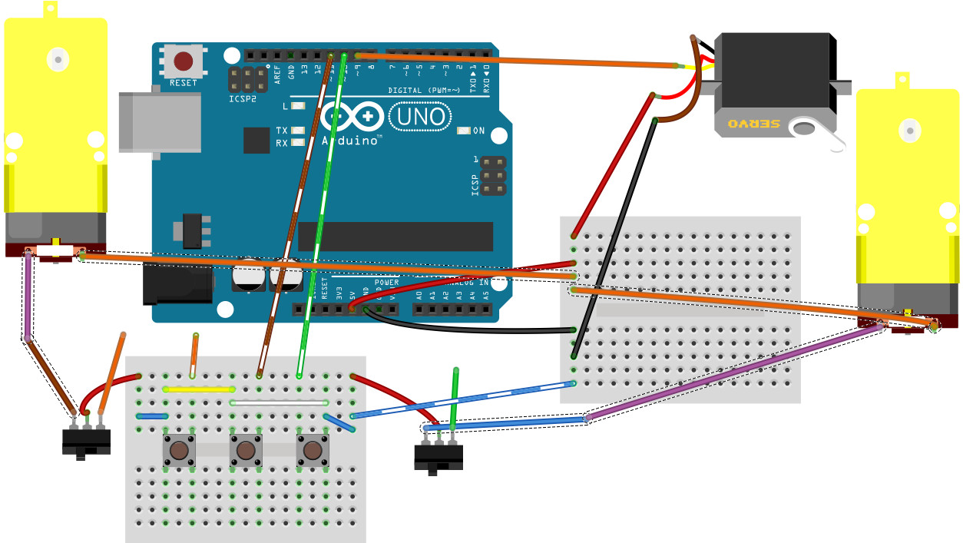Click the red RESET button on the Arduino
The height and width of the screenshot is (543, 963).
click(x=184, y=61)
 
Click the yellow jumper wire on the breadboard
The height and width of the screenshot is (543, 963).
click(x=198, y=389)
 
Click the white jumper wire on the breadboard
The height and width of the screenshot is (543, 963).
click(x=279, y=402)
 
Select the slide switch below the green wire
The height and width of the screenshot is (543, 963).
click(x=438, y=457)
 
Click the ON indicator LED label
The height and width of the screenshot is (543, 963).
click(x=478, y=131)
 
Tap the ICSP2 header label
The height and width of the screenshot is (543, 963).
click(x=243, y=98)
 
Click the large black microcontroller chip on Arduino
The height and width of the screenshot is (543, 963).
click(x=395, y=237)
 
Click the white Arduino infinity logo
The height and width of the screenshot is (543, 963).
click(x=352, y=117)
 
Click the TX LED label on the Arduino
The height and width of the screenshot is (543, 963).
click(x=282, y=131)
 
